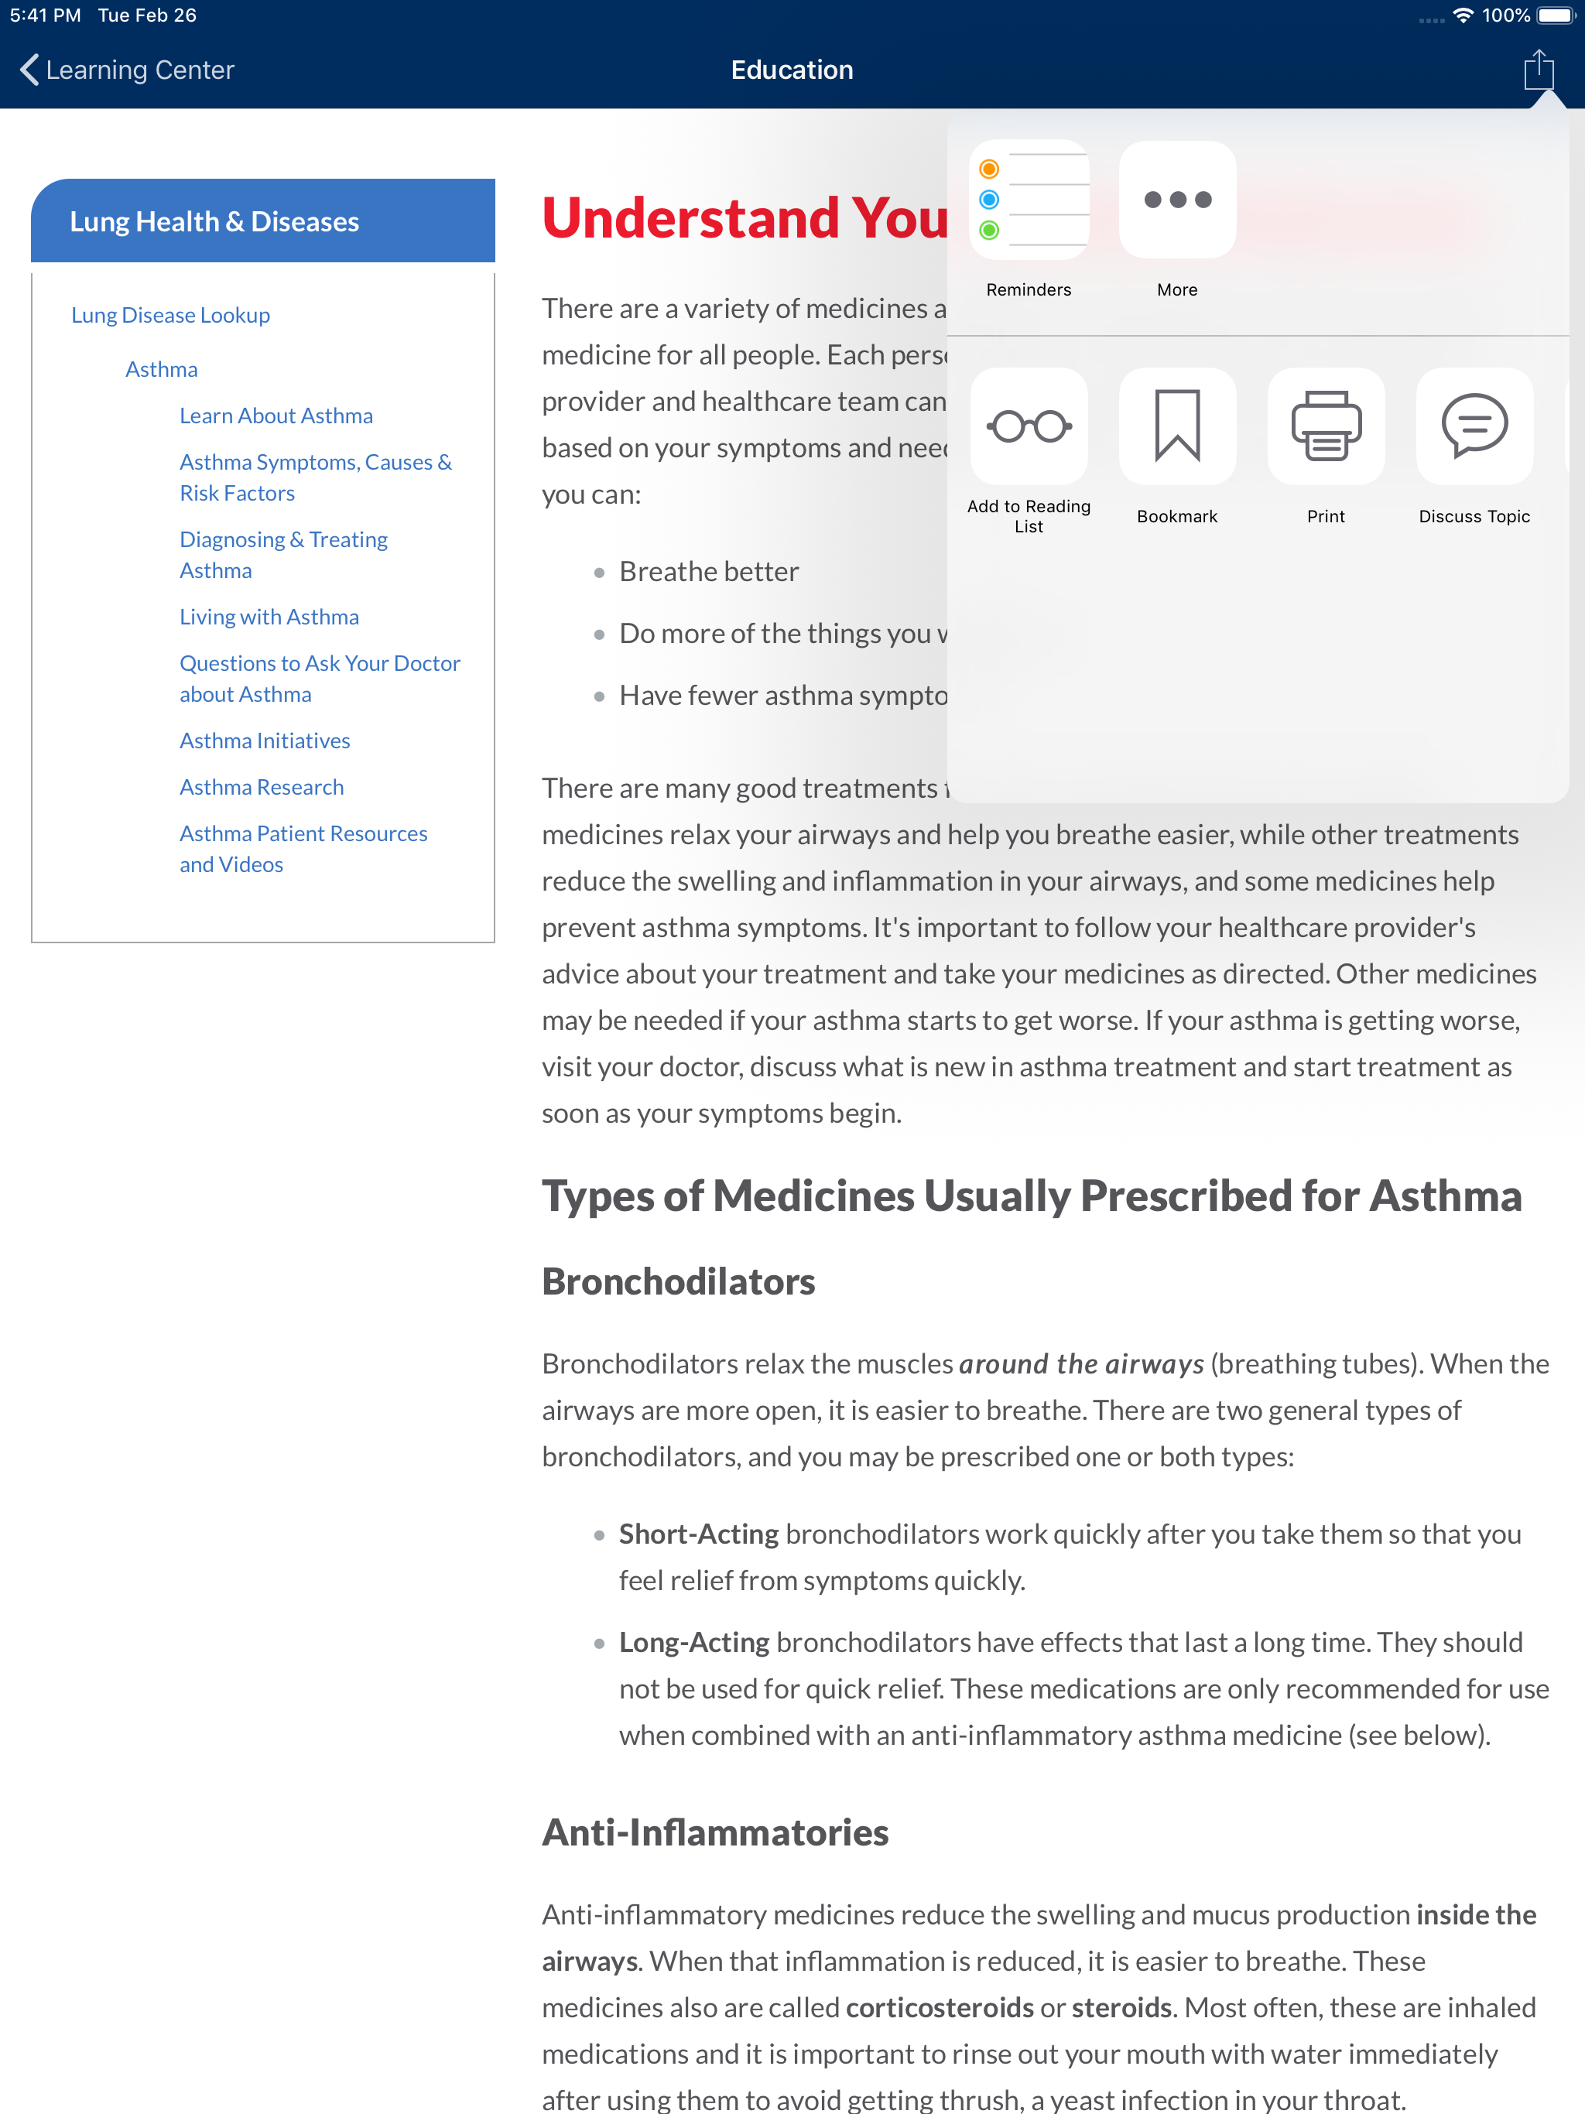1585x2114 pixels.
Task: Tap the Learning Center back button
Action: [126, 70]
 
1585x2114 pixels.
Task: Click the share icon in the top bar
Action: [1538, 70]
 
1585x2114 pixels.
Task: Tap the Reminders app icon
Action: [1029, 200]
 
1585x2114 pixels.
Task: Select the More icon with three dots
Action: [1177, 200]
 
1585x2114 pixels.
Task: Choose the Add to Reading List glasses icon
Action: [1029, 426]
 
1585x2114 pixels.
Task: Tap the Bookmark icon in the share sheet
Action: [1177, 426]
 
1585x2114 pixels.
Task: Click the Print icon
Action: [1326, 426]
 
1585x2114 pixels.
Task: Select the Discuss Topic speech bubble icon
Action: [1474, 426]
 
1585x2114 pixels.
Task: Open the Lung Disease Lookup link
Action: [170, 316]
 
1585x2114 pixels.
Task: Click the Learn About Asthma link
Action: [276, 416]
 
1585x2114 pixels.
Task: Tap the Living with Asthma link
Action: [269, 617]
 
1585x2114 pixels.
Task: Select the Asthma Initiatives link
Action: [265, 741]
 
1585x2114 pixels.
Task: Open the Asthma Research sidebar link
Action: [262, 788]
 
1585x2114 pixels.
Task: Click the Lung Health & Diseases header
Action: [214, 222]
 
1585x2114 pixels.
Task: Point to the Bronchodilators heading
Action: [679, 1281]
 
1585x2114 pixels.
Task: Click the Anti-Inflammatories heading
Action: [715, 1833]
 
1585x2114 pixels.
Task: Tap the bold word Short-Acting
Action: [699, 1534]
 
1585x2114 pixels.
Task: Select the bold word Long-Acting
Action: [694, 1643]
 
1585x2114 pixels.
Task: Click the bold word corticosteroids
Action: [940, 2008]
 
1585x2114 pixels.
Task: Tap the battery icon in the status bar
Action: [1556, 15]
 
